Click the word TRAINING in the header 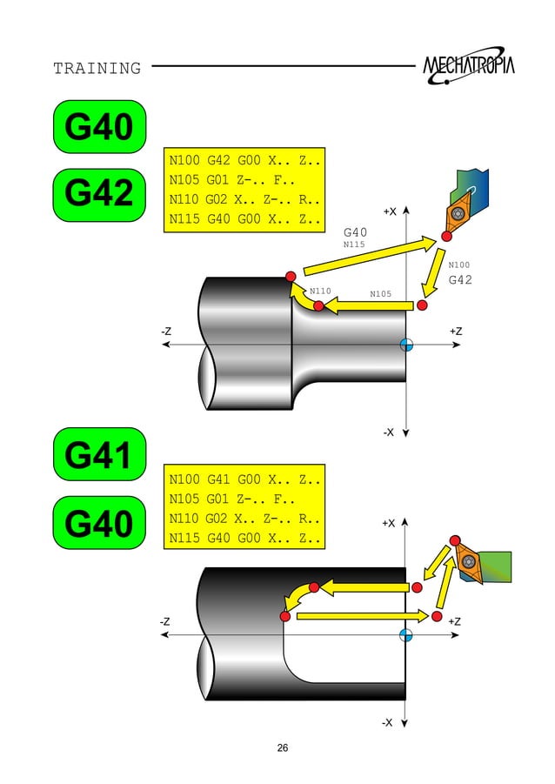[97, 68]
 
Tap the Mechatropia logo [468, 66]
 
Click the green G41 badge [99, 454]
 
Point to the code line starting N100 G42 [244, 162]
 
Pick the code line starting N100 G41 [244, 479]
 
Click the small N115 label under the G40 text [353, 245]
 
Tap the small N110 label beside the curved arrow [320, 291]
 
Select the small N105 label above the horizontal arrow [380, 293]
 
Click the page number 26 [282, 748]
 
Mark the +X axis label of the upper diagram [390, 211]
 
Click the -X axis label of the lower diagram [388, 722]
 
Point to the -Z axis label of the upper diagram [165, 332]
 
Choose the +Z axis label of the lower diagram [455, 621]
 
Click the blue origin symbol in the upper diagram [406, 345]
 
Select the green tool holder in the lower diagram [493, 566]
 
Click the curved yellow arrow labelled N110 [303, 301]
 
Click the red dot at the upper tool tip [446, 236]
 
